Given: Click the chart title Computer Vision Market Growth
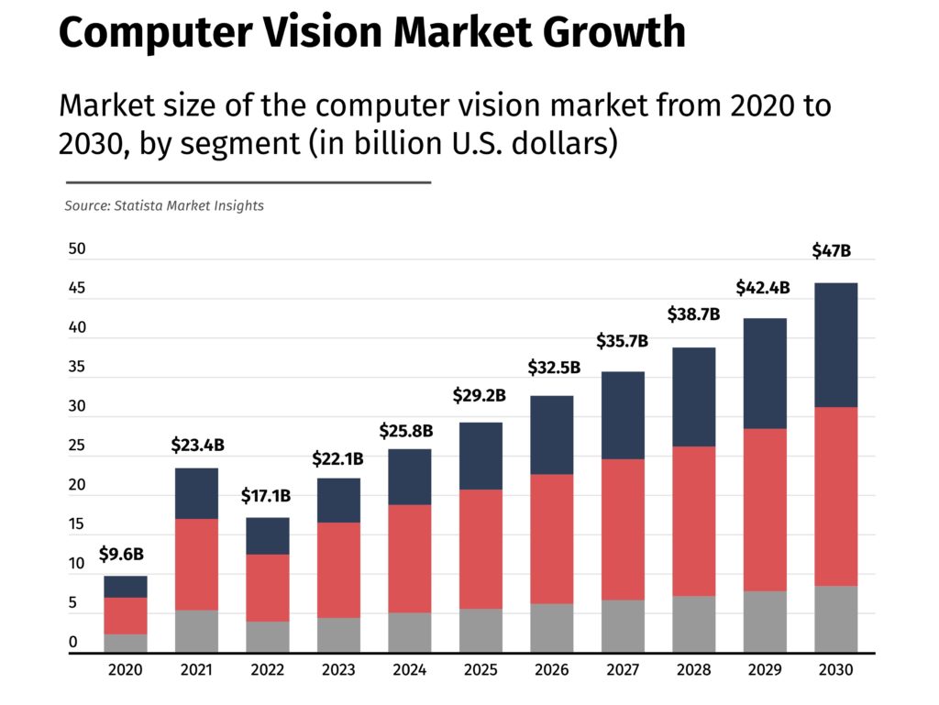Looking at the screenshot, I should pyautogui.click(x=371, y=33).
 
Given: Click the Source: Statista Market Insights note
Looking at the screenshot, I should pyautogui.click(x=164, y=206).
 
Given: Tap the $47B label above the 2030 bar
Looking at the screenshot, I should pyautogui.click(x=832, y=250).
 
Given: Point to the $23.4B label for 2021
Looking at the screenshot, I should pyautogui.click(x=197, y=446).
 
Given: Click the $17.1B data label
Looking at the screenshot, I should pyautogui.click(x=266, y=496).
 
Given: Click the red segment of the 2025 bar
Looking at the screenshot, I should pyautogui.click(x=480, y=549).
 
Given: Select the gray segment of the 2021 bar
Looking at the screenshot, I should pyautogui.click(x=196, y=631).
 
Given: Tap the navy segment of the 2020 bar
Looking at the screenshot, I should pyautogui.click(x=126, y=587).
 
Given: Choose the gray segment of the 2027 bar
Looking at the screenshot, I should pyautogui.click(x=623, y=626).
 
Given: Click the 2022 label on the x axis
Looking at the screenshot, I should pyautogui.click(x=267, y=671).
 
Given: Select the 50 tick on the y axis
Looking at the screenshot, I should pyautogui.click(x=77, y=249).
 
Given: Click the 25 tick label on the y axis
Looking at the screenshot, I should pyautogui.click(x=77, y=446).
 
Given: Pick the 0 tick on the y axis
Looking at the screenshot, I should pyautogui.click(x=72, y=643).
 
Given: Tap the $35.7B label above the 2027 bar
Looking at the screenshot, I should pyautogui.click(x=622, y=342).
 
